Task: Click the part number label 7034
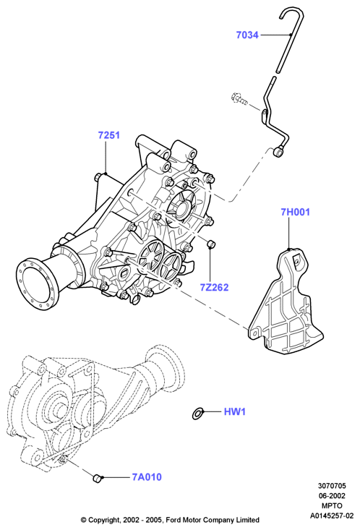247,35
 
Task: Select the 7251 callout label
109,135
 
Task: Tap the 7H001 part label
295,212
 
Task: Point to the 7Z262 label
214,287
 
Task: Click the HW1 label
235,411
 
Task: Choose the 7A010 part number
147,477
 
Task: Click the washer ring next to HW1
197,414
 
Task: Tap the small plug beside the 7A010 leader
98,478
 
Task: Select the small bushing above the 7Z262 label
211,244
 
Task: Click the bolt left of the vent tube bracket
240,98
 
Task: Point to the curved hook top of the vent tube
291,14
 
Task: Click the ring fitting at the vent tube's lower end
279,153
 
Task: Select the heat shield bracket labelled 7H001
286,302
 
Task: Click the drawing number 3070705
332,486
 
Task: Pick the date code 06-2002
332,496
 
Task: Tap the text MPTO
332,505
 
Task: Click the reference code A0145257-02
332,516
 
